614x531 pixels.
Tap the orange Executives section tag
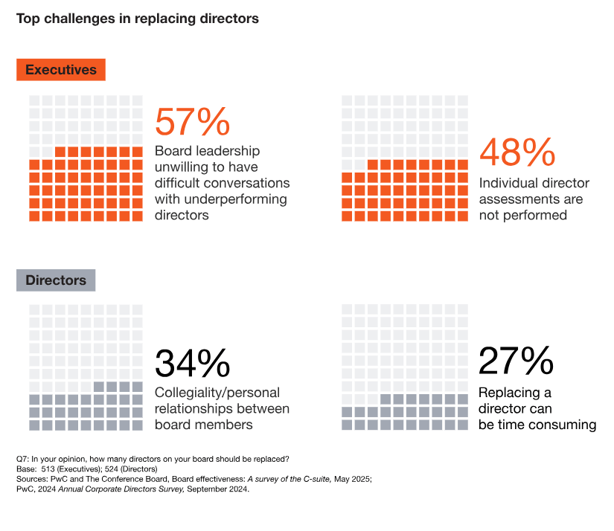[x=61, y=70]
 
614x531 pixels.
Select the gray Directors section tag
[x=56, y=280]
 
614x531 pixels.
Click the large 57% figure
[x=192, y=123]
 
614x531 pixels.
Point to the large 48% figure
[x=517, y=153]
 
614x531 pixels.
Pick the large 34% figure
[x=192, y=364]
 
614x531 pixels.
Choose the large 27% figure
[x=516, y=362]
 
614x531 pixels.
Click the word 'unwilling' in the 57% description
[x=182, y=167]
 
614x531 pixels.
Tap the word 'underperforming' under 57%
[x=239, y=199]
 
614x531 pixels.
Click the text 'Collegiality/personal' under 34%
[x=217, y=393]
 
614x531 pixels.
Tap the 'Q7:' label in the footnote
[x=23, y=458]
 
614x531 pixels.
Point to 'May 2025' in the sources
[x=350, y=479]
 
